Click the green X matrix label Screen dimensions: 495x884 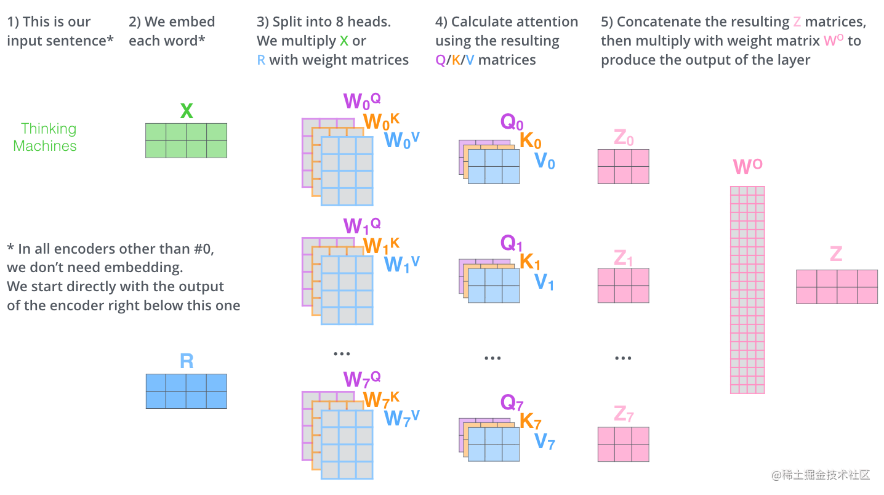pos(187,111)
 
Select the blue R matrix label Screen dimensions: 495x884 pos(187,361)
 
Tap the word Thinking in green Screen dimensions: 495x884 pos(49,129)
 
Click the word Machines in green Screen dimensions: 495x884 pos(45,146)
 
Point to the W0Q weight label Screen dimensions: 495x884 pos(362,101)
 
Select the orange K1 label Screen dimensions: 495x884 pos(530,262)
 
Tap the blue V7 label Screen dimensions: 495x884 pos(544,441)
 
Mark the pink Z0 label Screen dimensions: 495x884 pos(623,138)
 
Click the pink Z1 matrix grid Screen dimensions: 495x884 pos(623,285)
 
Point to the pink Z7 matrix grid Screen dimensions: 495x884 pos(623,444)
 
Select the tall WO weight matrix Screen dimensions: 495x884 pos(747,289)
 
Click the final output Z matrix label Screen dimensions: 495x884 pos(835,254)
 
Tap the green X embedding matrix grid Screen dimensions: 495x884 pos(186,140)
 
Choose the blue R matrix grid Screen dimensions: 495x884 pos(186,391)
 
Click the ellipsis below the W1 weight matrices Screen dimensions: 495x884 pos(341,354)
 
